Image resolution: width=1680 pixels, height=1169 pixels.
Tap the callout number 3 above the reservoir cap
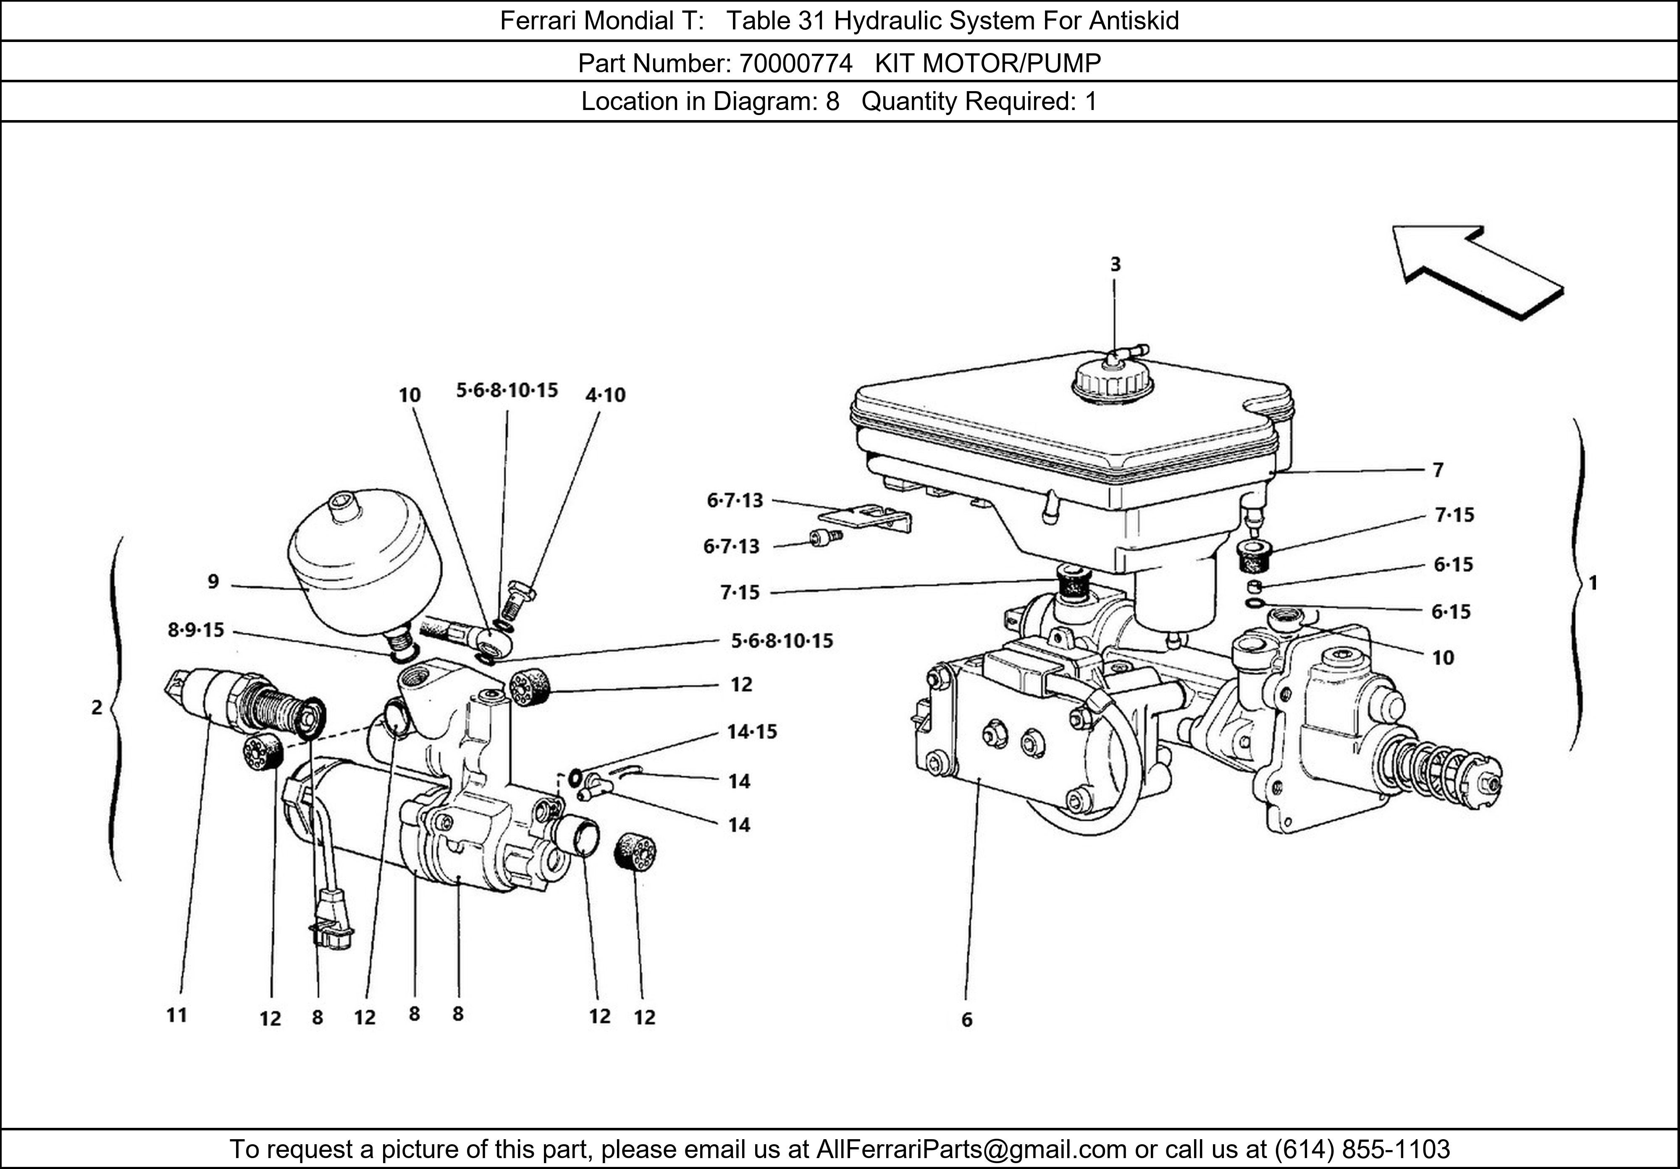(x=1115, y=264)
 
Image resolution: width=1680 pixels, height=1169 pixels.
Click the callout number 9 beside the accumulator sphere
(x=213, y=582)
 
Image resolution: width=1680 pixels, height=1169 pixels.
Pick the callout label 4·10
(x=605, y=395)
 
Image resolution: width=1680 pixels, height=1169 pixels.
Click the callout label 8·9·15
(x=196, y=630)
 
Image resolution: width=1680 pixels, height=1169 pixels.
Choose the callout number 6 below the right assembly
(x=966, y=1020)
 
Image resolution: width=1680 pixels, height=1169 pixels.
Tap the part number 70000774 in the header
(x=795, y=64)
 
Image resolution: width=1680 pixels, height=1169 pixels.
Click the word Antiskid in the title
(x=1134, y=21)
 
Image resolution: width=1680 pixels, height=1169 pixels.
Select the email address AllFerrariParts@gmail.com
(x=971, y=1149)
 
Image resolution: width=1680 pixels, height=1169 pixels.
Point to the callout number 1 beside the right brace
(x=1593, y=583)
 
